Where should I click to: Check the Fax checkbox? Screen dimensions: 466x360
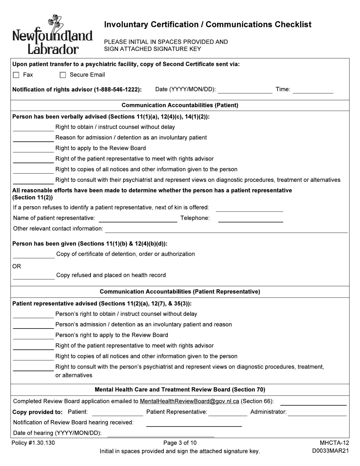pyautogui.click(x=16, y=75)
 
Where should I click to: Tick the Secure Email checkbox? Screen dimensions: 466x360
pyautogui.click(x=63, y=75)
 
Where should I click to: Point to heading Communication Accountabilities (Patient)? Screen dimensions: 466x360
pyautogui.click(x=180, y=105)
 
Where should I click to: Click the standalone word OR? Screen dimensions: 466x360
pyautogui.click(x=17, y=266)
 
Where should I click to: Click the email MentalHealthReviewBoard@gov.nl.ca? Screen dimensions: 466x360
pyautogui.click(x=189, y=401)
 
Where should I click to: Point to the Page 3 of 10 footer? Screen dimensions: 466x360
pyautogui.click(x=180, y=443)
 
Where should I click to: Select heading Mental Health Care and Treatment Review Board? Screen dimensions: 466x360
pyautogui.click(x=180, y=389)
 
